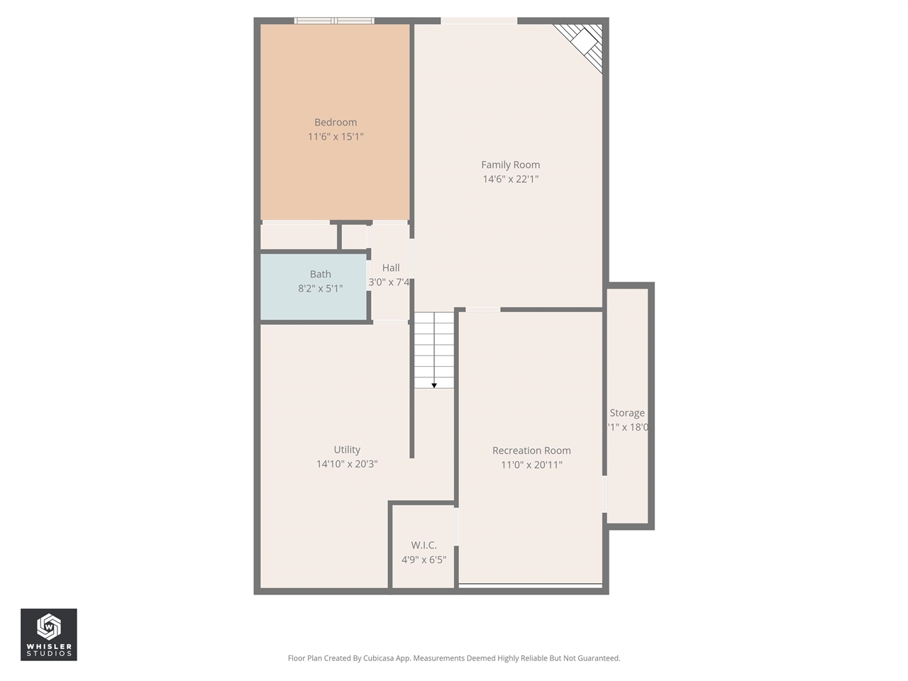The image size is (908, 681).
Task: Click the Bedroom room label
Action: click(336, 122)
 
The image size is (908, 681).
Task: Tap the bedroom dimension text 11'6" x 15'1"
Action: click(336, 136)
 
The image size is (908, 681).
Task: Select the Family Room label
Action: click(510, 165)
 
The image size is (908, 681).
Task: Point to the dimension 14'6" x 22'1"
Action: click(510, 179)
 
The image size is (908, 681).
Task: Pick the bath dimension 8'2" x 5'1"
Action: click(320, 289)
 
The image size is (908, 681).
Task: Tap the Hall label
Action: click(391, 267)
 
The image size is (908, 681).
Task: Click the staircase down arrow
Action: click(434, 384)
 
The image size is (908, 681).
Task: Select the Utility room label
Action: click(347, 450)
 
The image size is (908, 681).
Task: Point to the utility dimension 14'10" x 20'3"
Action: click(347, 464)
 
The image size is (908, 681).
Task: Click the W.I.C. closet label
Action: click(423, 545)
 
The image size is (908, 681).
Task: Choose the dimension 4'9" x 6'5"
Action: click(423, 560)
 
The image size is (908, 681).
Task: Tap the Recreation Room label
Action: click(531, 450)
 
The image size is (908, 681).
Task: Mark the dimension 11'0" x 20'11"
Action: click(531, 465)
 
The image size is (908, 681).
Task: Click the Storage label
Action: click(627, 413)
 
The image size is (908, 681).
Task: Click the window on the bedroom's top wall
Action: click(334, 21)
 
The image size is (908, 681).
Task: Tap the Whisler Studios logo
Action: click(49, 634)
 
